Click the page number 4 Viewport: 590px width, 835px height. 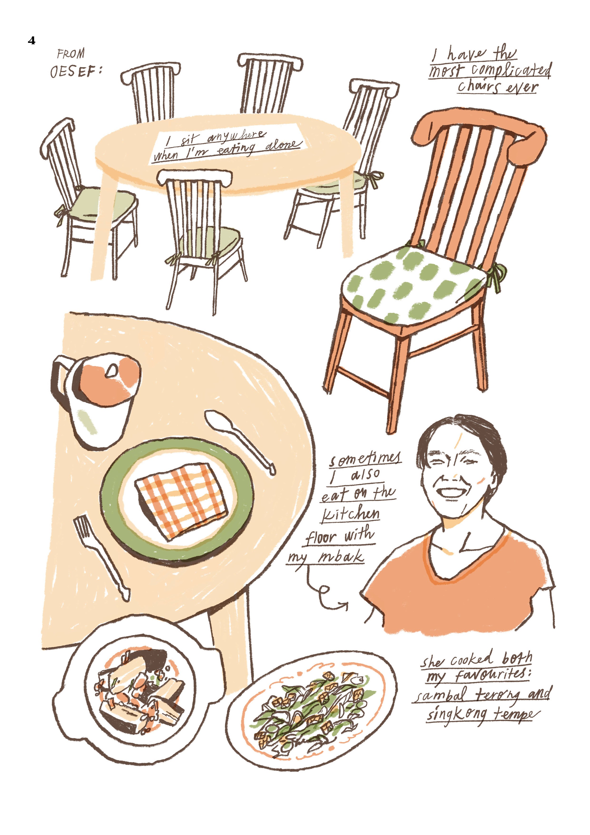tap(32, 40)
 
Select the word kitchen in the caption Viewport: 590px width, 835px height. tap(351, 514)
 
